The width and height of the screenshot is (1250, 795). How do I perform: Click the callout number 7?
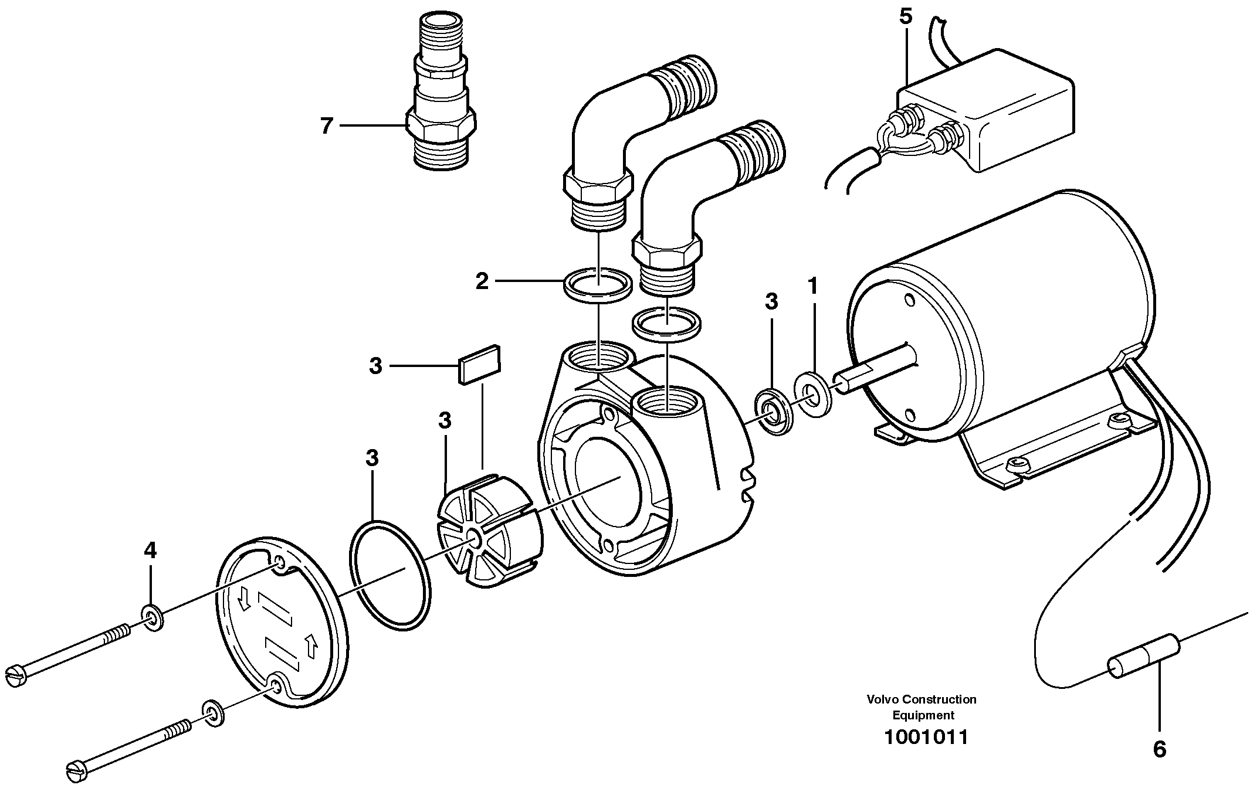(326, 125)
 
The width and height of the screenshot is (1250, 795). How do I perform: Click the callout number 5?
(906, 16)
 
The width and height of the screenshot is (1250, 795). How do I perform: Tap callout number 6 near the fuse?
(1160, 749)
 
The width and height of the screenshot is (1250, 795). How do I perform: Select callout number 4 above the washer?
(150, 551)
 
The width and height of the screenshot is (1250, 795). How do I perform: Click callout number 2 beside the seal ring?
(482, 281)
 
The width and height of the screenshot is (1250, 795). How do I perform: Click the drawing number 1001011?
(926, 737)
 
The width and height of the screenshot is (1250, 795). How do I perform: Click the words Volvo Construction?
(922, 699)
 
